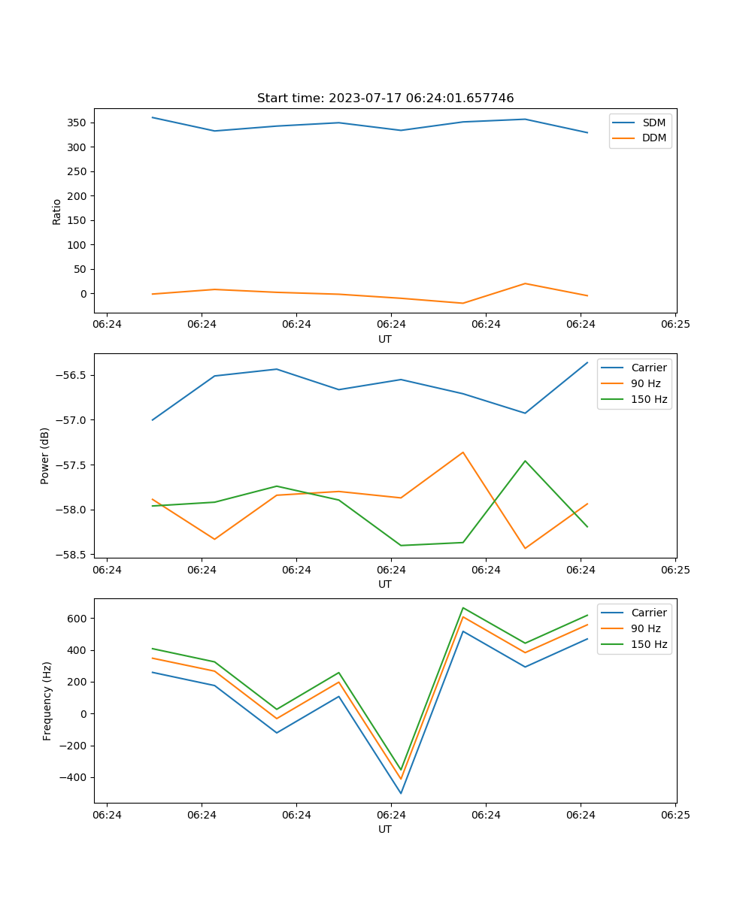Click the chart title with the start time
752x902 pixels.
(385, 98)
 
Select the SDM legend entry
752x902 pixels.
(653, 123)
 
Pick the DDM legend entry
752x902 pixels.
(653, 138)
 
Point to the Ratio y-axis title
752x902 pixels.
(57, 211)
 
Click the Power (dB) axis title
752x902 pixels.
(45, 456)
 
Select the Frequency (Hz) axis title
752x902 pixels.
(47, 701)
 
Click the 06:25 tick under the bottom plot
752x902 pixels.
(675, 815)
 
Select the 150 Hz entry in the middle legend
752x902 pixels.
(649, 399)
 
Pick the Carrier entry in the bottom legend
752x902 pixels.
(648, 613)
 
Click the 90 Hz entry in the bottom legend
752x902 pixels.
(645, 628)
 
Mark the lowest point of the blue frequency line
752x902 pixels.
(401, 793)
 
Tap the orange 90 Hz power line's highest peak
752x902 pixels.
(462, 453)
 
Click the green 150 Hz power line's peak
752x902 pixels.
(525, 461)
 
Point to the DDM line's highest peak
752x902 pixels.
(525, 283)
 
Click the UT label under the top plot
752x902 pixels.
(385, 339)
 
